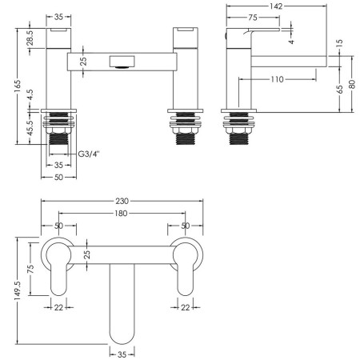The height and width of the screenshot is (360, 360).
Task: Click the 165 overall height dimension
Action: tap(17, 86)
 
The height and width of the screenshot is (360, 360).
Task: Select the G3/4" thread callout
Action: tap(89, 154)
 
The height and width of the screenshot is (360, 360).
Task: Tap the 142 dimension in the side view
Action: tap(276, 6)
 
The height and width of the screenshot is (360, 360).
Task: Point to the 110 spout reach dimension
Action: tap(278, 79)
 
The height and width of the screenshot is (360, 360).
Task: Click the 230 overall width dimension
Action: tap(122, 201)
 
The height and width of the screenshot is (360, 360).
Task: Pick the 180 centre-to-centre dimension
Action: tap(121, 214)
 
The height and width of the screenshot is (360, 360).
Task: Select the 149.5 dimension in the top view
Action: tap(18, 290)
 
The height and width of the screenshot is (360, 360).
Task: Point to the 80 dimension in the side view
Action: tap(352, 84)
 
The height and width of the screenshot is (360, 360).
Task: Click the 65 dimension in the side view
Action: tap(340, 90)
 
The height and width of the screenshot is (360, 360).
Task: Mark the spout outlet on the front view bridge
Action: tap(122, 62)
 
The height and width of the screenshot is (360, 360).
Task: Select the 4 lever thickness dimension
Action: tap(292, 42)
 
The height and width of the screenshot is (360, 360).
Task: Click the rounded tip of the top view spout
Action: tap(122, 343)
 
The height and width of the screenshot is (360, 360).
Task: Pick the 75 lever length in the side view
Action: tap(253, 18)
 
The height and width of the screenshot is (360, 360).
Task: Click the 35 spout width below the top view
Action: tap(122, 354)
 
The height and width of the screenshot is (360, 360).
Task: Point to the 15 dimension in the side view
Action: tap(339, 43)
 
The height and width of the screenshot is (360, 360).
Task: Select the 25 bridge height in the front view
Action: tap(83, 62)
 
